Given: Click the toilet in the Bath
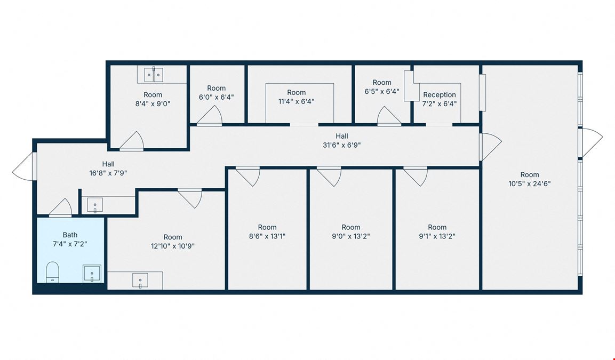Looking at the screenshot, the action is [52, 272].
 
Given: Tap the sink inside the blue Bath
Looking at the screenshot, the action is [92, 273].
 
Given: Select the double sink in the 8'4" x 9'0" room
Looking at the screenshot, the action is [154, 75].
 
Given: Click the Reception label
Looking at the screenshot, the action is [440, 95].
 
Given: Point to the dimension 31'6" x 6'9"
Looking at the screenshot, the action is [341, 145].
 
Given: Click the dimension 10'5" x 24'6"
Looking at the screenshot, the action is [530, 183].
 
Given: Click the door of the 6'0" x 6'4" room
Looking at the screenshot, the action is [210, 116].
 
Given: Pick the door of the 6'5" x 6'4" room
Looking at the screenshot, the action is [389, 116].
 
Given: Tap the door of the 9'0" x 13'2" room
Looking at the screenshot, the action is [329, 176].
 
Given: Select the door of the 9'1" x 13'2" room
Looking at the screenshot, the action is [416, 176].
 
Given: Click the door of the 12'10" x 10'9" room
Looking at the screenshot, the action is [190, 198].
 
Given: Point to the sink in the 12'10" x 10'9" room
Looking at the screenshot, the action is [140, 281].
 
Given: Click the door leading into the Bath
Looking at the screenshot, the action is [60, 208].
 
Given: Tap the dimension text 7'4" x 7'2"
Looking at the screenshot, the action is [70, 244].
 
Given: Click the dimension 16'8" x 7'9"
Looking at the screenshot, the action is [108, 173].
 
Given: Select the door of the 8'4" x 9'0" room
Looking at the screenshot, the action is [132, 141].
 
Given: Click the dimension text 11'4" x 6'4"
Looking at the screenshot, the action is [296, 101].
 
